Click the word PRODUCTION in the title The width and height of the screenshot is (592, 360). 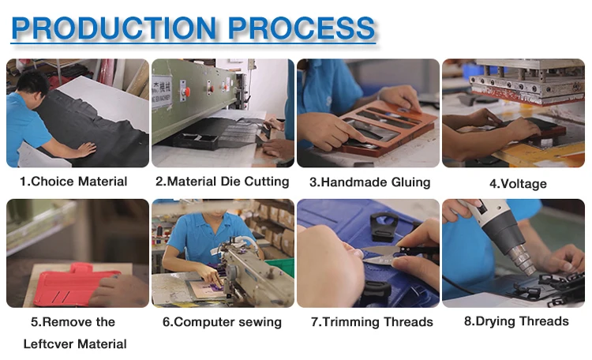[114, 28]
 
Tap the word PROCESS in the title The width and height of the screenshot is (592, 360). [301, 28]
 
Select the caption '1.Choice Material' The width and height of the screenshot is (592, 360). [73, 182]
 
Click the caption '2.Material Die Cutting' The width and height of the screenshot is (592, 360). [223, 182]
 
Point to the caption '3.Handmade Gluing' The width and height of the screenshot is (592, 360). [369, 182]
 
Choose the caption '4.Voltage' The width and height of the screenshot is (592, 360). [518, 184]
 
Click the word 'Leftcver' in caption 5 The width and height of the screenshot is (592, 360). [48, 344]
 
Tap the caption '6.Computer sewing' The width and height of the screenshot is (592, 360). [222, 322]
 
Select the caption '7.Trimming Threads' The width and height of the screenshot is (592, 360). [372, 322]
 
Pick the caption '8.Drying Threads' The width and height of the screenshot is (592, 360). [516, 321]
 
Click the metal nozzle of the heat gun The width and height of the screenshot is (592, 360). [523, 258]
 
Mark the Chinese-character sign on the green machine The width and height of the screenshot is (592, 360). [162, 92]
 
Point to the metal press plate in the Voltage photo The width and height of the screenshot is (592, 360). [527, 86]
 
